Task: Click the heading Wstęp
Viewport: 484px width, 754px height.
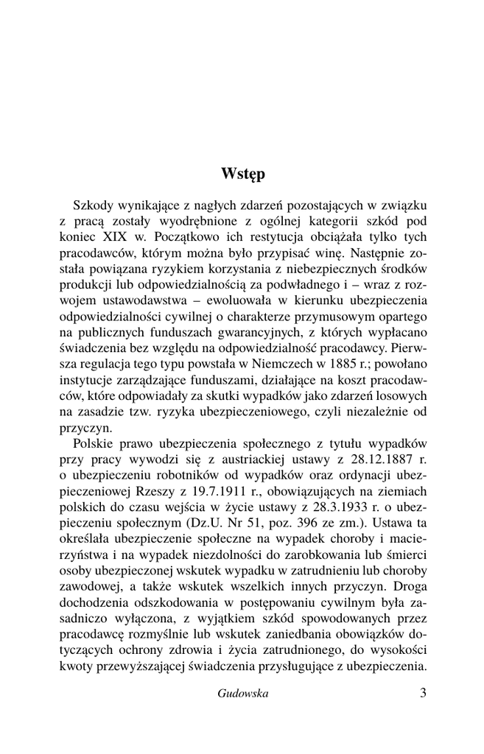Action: point(242,175)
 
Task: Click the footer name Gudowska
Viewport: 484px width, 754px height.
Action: point(242,694)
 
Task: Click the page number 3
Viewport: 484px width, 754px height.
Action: point(422,694)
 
